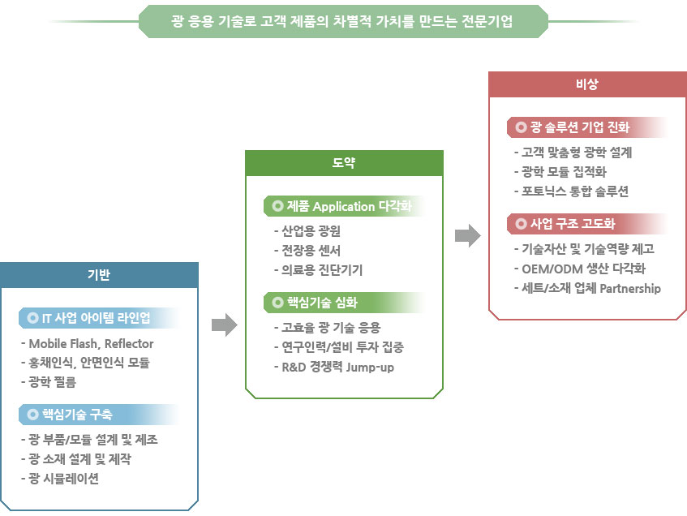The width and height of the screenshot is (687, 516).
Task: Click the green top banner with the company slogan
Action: click(343, 21)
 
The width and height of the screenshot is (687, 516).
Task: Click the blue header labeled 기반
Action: click(99, 275)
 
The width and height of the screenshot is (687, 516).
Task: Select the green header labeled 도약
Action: click(344, 163)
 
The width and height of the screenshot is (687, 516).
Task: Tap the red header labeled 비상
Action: click(587, 84)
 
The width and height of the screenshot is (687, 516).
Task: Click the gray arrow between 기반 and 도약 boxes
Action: click(225, 325)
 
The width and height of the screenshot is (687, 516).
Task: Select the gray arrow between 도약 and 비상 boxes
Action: click(468, 236)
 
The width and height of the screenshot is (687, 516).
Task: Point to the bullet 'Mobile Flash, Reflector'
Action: click(87, 344)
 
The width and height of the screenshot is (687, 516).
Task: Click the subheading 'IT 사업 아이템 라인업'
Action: click(96, 318)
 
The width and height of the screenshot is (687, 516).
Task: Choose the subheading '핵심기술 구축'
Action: click(77, 415)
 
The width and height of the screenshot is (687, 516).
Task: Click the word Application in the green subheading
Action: click(344, 207)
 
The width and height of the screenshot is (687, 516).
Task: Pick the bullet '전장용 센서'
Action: click(307, 251)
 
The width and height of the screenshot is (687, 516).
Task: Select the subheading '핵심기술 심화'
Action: click(322, 303)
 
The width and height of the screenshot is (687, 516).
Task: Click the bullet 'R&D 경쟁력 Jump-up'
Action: click(334, 367)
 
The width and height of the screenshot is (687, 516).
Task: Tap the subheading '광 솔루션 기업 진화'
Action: click(580, 127)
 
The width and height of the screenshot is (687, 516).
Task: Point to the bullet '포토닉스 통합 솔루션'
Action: click(571, 191)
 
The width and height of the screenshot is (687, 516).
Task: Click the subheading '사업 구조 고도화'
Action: click(573, 224)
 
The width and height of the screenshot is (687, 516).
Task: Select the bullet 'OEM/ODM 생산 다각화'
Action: click(580, 269)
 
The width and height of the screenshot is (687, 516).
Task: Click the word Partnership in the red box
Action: click(630, 289)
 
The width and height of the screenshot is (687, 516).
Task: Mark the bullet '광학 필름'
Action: click(49, 382)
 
